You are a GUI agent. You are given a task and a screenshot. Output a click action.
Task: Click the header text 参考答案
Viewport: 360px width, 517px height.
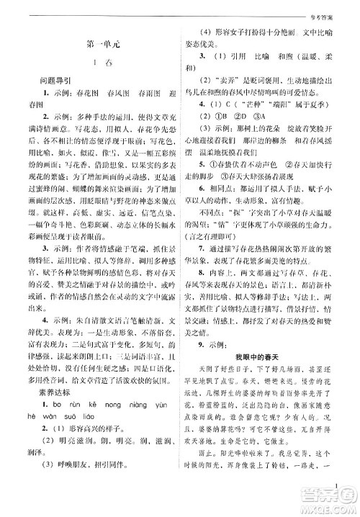point(334,8)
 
